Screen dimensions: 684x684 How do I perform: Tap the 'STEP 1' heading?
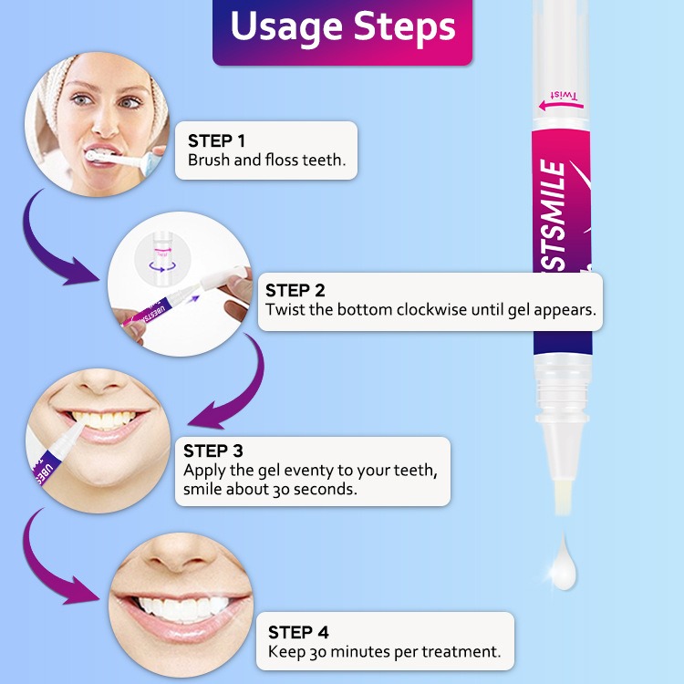click(x=216, y=140)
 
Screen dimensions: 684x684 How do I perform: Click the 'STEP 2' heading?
click(x=295, y=290)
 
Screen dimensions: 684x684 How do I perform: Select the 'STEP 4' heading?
click(x=298, y=632)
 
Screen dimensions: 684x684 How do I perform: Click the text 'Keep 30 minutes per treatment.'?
click(x=384, y=652)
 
